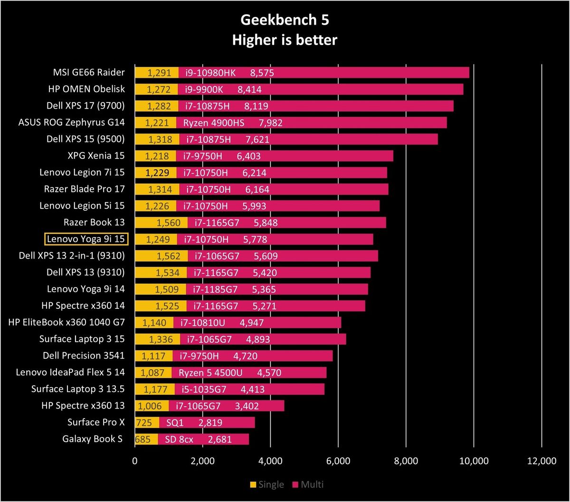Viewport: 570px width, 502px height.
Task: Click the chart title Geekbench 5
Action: point(285,20)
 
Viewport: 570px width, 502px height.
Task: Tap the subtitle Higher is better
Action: point(285,40)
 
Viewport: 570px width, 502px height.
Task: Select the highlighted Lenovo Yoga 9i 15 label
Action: point(86,239)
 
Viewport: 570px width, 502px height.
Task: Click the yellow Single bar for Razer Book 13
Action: point(161,223)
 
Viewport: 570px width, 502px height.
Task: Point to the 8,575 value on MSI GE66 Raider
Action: point(262,73)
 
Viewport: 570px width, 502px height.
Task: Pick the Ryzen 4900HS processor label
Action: point(214,123)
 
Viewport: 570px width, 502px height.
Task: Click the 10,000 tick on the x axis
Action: point(474,461)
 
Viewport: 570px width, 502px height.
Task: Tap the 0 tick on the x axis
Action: point(135,461)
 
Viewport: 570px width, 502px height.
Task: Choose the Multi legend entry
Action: point(308,484)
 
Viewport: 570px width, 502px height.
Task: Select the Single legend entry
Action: point(267,484)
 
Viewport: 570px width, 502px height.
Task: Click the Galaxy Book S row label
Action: point(92,439)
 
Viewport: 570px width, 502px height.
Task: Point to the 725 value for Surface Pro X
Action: point(144,422)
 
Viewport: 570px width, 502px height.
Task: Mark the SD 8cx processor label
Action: point(179,439)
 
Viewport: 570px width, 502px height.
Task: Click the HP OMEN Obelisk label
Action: point(86,89)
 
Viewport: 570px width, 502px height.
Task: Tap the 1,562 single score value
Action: point(168,256)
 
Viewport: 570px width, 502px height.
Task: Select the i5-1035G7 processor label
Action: point(204,389)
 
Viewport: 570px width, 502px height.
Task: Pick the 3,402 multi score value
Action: point(247,406)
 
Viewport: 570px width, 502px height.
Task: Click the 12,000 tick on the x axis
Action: point(541,461)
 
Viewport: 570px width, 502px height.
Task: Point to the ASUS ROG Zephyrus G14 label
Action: point(71,122)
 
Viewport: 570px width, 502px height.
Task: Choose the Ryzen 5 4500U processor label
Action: point(210,373)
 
